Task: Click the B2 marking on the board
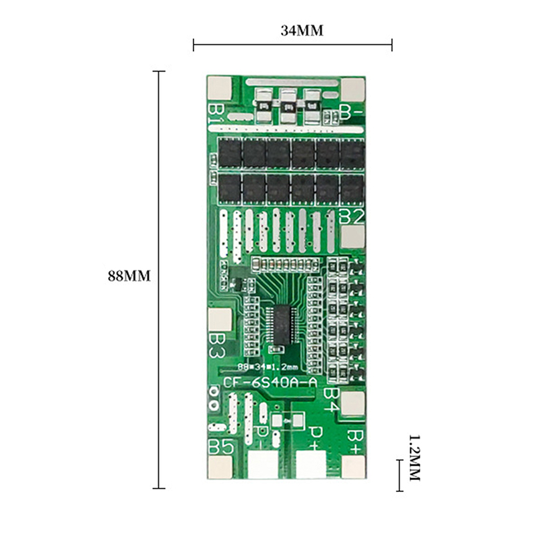click(x=352, y=216)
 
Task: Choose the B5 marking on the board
click(x=221, y=447)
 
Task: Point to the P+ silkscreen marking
click(x=316, y=437)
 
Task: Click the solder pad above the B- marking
click(x=353, y=87)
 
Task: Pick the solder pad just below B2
click(x=353, y=236)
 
